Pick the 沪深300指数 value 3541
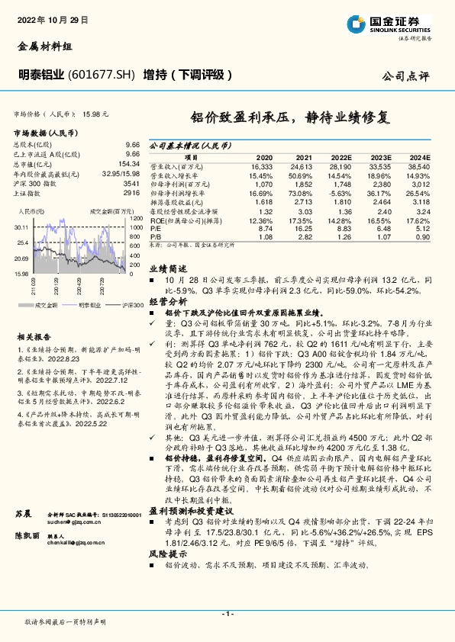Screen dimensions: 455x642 click(x=131, y=183)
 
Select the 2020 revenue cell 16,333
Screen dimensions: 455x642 click(x=261, y=165)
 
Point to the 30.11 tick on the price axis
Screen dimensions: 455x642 click(x=21, y=226)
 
